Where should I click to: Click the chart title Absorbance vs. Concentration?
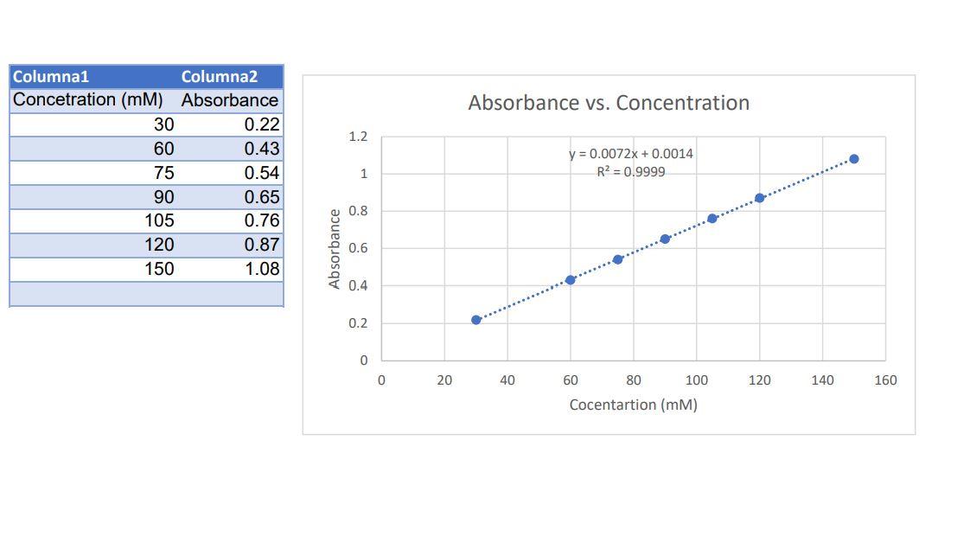click(609, 103)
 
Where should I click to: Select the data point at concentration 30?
click(476, 320)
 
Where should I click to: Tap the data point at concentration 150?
click(854, 159)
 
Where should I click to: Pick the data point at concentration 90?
click(665, 239)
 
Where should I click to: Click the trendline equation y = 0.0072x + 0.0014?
click(631, 154)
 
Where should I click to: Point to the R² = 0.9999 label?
click(631, 171)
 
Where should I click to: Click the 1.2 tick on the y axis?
click(358, 137)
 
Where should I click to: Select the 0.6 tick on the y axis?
click(358, 248)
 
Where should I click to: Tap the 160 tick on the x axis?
click(885, 379)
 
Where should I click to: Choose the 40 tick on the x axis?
click(507, 379)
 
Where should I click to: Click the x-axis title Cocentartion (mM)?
click(633, 405)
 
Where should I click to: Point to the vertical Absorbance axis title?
click(335, 249)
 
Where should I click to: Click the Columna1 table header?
click(51, 77)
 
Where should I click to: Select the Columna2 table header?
click(220, 77)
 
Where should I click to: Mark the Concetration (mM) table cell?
click(88, 99)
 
